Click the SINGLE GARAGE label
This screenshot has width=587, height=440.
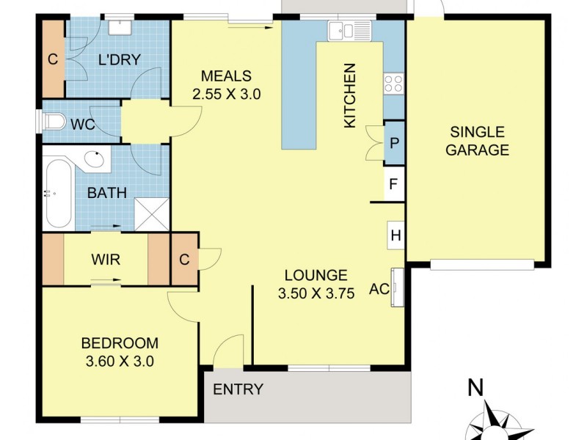pos(478,142)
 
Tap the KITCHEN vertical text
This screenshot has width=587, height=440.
pos(350,96)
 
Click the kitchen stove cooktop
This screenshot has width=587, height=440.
pos(393,84)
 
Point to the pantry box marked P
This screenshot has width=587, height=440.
pos(394,142)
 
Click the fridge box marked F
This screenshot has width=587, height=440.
pos(394,184)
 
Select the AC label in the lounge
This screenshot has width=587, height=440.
pos(379,289)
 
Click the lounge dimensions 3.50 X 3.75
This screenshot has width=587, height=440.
pos(316,294)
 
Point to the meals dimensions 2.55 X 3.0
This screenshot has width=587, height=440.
pos(226,94)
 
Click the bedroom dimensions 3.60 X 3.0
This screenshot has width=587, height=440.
pos(120,361)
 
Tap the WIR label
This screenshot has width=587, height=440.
pos(106,260)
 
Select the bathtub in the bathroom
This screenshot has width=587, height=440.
pos(57,194)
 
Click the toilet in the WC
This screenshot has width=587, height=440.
pos(51,123)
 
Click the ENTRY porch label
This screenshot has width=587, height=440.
pos(238,389)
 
